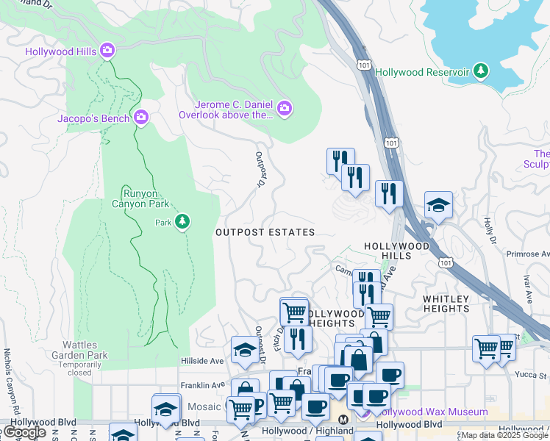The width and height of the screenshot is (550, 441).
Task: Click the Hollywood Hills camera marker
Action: click(107, 50)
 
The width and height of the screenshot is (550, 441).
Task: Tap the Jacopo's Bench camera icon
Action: click(141, 117)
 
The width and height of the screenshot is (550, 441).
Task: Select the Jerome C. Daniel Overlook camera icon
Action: click(285, 110)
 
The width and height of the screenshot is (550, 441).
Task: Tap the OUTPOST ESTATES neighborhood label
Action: click(265, 232)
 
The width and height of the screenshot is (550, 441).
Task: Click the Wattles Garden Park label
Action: click(76, 355)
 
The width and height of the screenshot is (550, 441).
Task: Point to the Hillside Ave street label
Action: click(201, 361)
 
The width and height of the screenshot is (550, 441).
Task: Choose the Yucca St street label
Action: click(536, 375)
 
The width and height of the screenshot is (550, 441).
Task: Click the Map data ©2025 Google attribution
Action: click(504, 436)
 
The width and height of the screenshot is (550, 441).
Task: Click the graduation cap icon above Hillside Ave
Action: click(244, 350)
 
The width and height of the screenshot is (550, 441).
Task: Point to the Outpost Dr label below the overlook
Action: click(260, 170)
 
